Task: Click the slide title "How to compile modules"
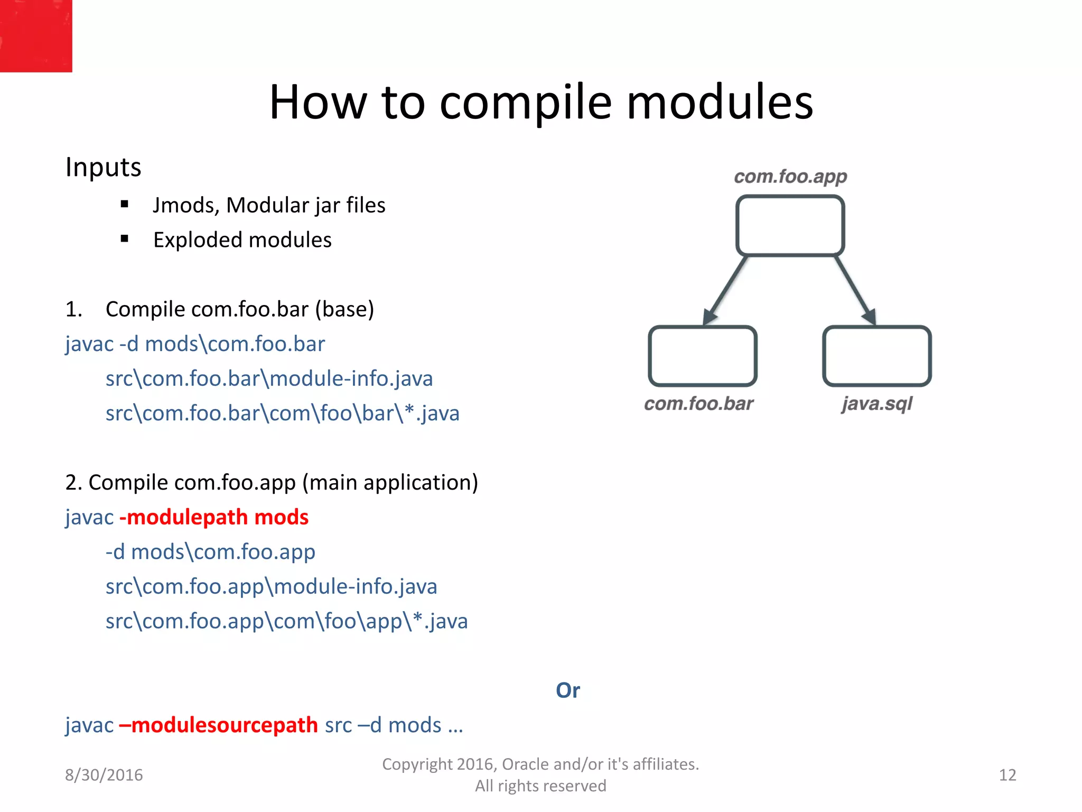pos(541,101)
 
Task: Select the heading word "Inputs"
pos(104,168)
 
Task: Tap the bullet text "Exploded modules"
pos(242,240)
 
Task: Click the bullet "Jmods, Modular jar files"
pos(269,205)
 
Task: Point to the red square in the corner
pos(36,36)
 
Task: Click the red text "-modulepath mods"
pos(214,517)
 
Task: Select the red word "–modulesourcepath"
pos(218,725)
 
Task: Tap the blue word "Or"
pos(568,690)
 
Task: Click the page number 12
pos(1008,775)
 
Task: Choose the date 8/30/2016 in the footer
pos(104,775)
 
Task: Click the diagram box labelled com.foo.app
pos(790,226)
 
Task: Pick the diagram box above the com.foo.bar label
pos(703,356)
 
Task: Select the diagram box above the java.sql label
pos(877,356)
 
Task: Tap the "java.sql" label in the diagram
pos(877,404)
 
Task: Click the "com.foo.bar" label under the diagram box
pos(698,404)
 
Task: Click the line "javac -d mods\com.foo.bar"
pos(195,344)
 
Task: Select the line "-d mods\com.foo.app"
pos(210,552)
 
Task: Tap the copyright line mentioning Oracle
pos(540,764)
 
